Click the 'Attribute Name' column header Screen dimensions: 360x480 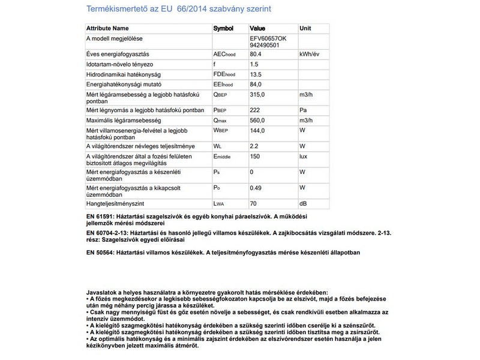[107, 28]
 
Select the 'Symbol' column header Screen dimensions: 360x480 [224, 28]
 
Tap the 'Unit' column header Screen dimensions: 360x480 [305, 28]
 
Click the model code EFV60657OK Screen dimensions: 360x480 [269, 38]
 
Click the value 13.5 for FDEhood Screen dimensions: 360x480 [256, 74]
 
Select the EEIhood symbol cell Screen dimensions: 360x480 [224, 85]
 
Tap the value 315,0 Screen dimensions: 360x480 [258, 95]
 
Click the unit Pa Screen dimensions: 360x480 [303, 111]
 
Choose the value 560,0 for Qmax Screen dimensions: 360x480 [258, 121]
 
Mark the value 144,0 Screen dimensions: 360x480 [258, 130]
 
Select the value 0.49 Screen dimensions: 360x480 [256, 188]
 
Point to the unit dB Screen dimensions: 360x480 [303, 204]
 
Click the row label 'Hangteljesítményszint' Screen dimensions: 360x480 [116, 204]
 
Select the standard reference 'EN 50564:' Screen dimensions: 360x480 [100, 253]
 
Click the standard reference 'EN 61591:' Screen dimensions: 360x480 [100, 215]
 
